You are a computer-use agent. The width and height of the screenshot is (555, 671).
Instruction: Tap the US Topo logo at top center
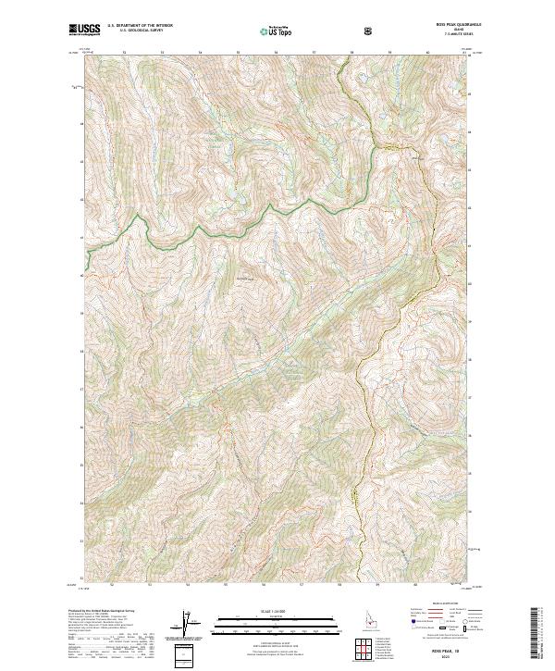277,31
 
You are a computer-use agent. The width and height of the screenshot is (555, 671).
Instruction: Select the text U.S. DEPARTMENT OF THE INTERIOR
139,27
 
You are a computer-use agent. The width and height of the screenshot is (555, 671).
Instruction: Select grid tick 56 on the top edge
276,53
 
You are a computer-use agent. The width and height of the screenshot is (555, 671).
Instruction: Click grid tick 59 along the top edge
389,53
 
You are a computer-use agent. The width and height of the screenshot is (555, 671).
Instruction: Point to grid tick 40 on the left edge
81,275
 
